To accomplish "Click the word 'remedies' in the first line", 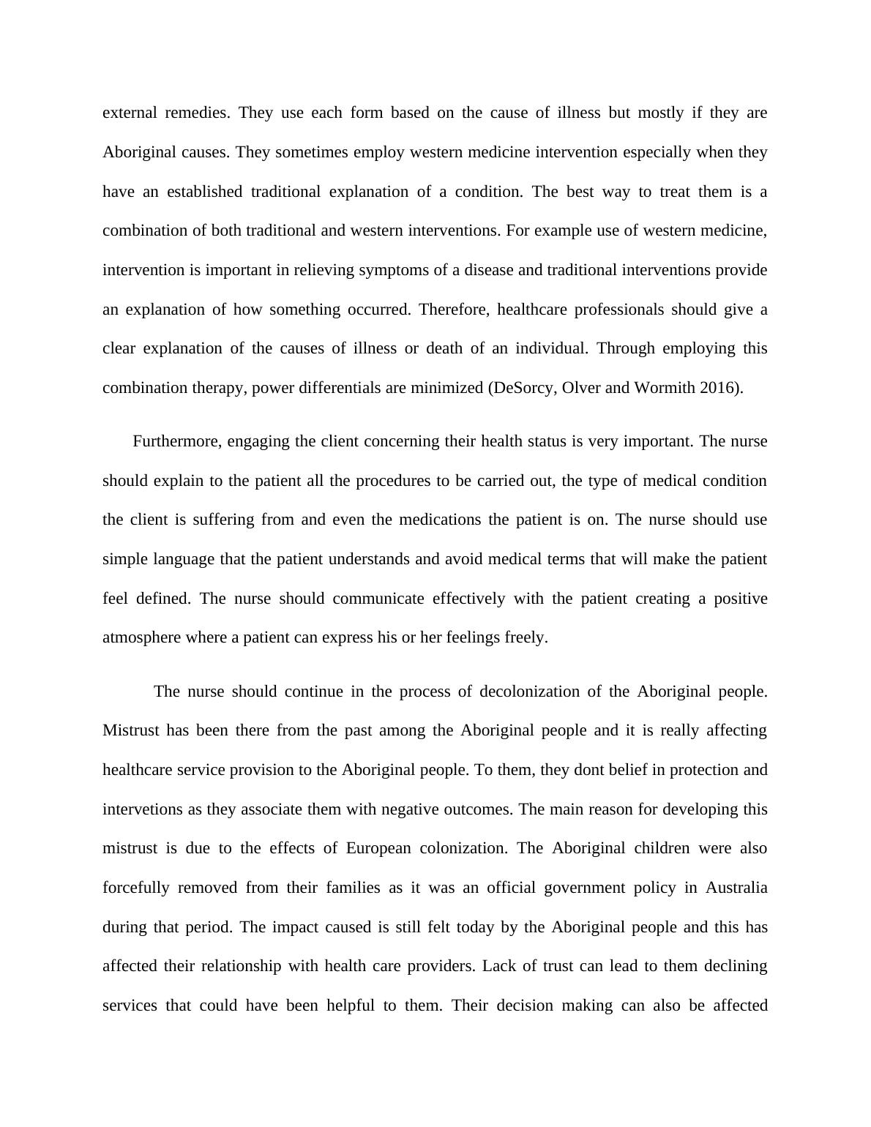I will [197, 113].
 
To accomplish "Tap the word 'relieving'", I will [328, 270].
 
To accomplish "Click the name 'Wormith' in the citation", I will [664, 388].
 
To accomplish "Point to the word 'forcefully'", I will [136, 888].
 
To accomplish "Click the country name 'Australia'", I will [736, 888].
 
